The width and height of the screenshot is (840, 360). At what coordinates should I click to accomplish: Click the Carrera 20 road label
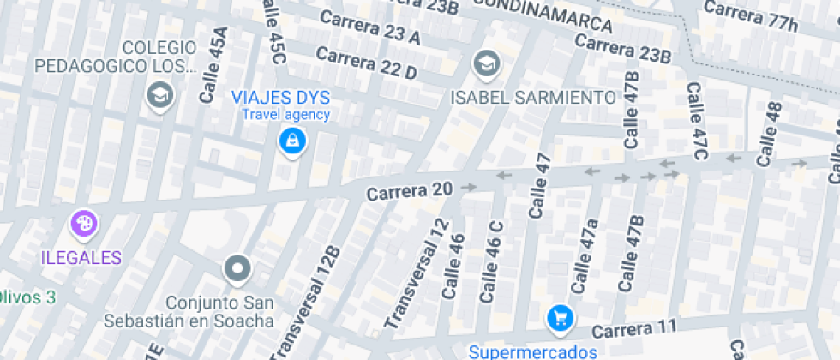(409, 193)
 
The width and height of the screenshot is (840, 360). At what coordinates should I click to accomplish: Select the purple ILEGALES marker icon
(84, 225)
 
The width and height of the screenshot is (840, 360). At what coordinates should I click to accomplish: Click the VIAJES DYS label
(281, 97)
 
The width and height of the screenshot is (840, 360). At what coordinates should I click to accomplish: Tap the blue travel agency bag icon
(293, 141)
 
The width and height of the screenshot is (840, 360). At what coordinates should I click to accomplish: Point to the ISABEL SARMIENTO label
(534, 97)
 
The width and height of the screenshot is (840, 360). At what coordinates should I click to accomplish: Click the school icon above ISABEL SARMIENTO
(486, 63)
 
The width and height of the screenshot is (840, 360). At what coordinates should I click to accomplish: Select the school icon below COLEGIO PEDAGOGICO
(160, 95)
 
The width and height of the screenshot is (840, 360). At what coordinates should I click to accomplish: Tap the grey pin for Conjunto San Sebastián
(237, 269)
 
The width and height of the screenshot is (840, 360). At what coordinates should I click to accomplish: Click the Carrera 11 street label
(634, 327)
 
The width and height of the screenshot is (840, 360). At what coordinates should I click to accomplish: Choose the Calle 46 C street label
(491, 261)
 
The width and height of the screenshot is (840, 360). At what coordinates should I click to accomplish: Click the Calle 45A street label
(213, 65)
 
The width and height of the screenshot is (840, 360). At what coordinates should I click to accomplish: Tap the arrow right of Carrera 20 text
(467, 186)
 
